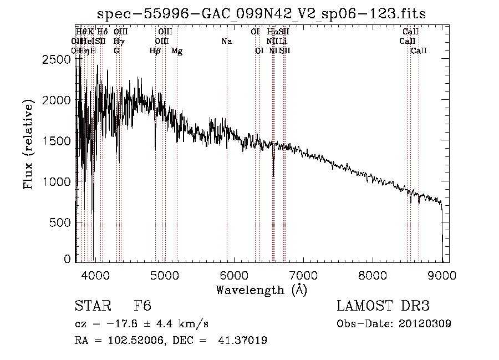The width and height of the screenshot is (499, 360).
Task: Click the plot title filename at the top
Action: (261, 14)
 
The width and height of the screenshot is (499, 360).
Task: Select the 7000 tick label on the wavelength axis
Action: (303, 275)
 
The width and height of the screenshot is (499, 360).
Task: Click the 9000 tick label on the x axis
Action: (442, 275)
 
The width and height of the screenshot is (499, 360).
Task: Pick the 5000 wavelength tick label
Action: (164, 275)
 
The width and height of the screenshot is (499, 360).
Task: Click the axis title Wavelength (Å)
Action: (261, 290)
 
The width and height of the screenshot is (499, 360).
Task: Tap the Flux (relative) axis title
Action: (29, 145)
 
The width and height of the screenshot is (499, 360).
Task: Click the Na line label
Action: (226, 42)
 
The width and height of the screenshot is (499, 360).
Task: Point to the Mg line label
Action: (177, 51)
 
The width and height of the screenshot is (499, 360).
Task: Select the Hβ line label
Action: (155, 51)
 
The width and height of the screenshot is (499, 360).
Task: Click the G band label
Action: (116, 51)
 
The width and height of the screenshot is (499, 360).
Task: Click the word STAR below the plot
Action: (90, 306)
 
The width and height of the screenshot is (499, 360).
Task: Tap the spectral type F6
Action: (142, 306)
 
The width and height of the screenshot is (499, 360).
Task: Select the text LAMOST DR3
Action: (383, 306)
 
